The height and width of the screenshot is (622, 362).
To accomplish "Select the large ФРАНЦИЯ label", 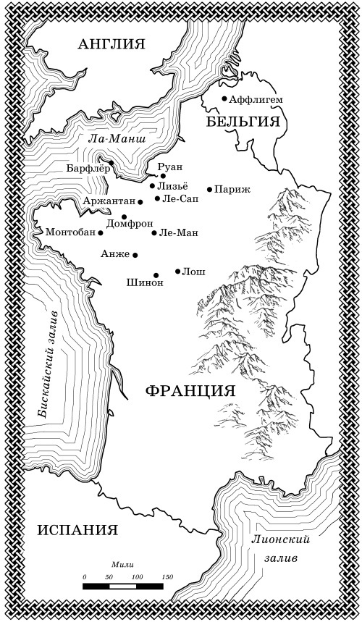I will [x=190, y=391].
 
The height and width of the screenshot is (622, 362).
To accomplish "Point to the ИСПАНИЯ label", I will [x=77, y=529].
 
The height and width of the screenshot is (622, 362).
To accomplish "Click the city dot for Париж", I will [x=210, y=190].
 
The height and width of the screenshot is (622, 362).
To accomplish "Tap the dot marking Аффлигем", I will [x=224, y=98].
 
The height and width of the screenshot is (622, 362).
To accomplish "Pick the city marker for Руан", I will [x=164, y=176].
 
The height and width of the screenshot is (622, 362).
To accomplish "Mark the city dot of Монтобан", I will [x=101, y=233].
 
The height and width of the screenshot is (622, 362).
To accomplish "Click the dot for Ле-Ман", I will [x=154, y=233].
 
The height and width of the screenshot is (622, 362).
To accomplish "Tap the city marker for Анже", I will [x=135, y=255].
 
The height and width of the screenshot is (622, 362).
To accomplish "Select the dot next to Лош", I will [x=178, y=272].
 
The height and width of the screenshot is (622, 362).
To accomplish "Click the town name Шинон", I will [x=145, y=282].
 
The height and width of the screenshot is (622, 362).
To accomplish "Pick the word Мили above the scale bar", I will [x=120, y=563].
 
